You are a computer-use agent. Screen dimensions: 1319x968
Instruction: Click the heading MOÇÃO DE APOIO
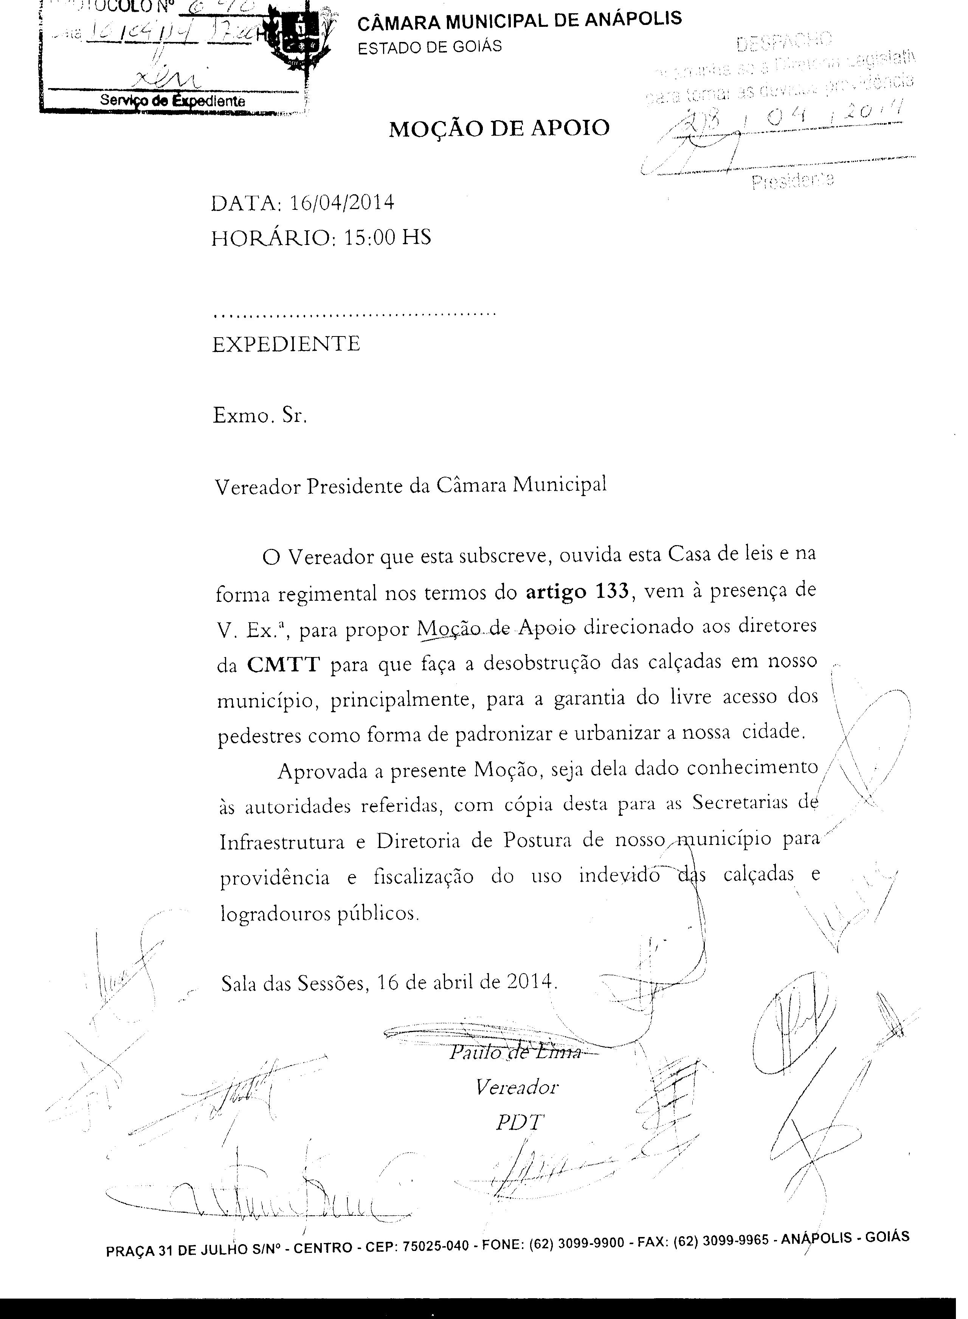(499, 128)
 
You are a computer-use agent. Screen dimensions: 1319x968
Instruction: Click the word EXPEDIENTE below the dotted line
(286, 344)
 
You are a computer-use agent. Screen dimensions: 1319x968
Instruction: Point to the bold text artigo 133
(577, 591)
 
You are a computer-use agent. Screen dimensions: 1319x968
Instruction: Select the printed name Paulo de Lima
(515, 1052)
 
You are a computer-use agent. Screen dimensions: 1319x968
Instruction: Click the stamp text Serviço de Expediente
(173, 101)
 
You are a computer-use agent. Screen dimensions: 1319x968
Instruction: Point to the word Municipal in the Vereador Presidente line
(560, 485)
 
